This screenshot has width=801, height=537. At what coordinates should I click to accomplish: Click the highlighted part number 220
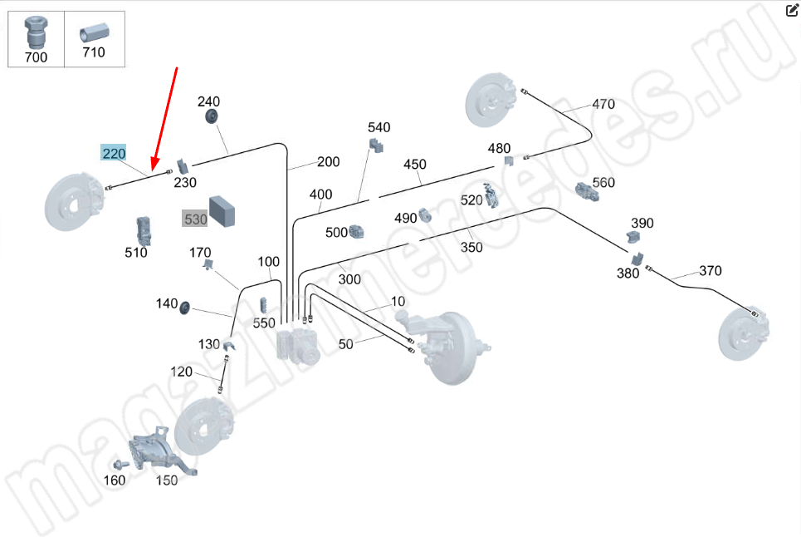[x=114, y=153]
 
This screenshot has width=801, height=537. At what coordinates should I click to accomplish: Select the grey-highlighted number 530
[x=195, y=219]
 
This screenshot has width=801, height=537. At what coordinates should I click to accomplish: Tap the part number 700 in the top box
[x=37, y=57]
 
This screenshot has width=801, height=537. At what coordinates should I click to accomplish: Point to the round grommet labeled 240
[x=211, y=116]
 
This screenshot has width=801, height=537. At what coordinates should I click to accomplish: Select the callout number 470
[x=603, y=105]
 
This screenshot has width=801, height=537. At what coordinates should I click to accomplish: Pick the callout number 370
[x=711, y=271]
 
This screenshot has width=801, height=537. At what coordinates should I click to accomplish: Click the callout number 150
[x=166, y=480]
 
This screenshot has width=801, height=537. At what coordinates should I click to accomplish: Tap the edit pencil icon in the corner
[x=791, y=10]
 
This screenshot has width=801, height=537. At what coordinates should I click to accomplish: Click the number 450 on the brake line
[x=415, y=165]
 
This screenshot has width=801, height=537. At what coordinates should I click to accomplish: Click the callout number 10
[x=398, y=301]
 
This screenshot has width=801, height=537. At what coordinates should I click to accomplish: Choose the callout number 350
[x=471, y=247]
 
